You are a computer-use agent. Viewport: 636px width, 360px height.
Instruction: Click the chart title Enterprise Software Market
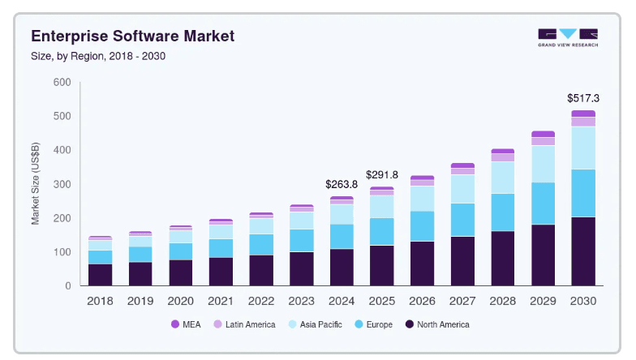132,36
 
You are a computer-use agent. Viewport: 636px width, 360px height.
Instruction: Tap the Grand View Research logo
568,37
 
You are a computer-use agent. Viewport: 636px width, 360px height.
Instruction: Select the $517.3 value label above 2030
583,98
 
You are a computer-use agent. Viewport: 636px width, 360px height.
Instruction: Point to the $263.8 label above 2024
342,184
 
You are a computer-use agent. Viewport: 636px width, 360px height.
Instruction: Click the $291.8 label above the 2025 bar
381,174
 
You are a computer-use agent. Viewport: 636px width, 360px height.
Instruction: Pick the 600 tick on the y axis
62,83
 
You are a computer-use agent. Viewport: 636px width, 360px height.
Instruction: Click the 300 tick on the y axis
62,184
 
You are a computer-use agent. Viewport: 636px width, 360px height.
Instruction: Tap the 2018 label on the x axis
100,300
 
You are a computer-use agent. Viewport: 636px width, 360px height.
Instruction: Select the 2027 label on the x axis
462,300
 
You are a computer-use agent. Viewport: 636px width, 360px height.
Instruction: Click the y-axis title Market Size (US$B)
36,185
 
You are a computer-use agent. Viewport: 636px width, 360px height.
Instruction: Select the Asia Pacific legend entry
317,324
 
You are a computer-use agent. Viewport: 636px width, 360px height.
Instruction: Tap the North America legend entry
437,324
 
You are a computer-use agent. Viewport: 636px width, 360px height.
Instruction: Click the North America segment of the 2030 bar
583,251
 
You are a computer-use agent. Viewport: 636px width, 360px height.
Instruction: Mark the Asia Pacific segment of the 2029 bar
543,164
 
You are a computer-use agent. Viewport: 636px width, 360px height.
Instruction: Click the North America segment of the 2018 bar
100,275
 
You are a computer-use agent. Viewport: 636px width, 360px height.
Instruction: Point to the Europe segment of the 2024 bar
342,236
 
